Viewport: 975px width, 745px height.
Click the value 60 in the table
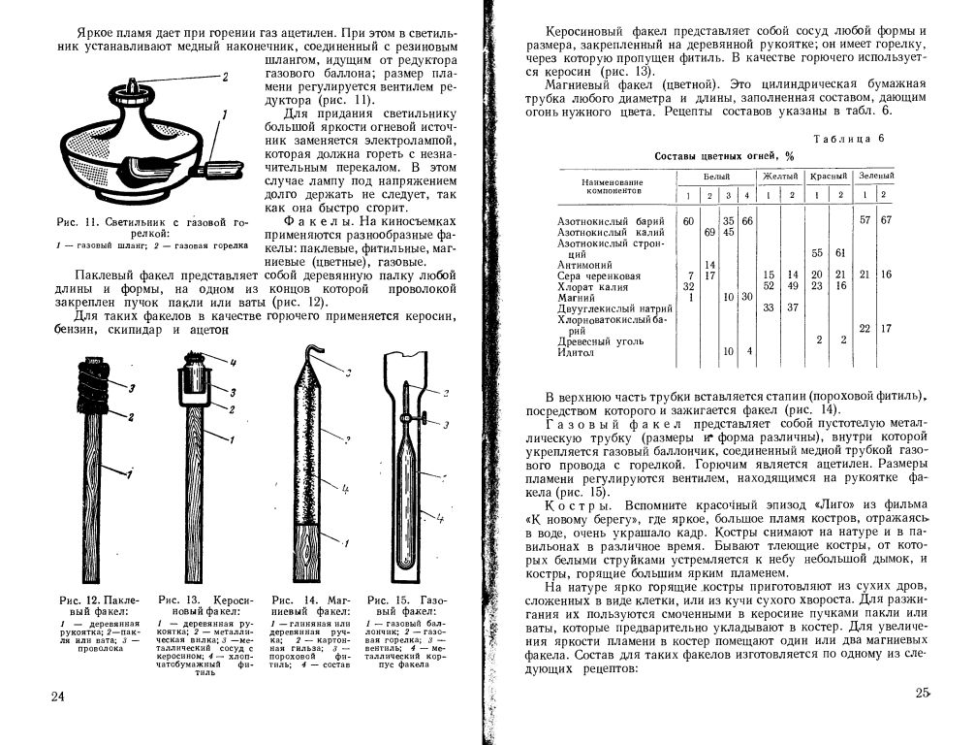pyautogui.click(x=689, y=222)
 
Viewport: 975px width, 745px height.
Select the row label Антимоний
pyautogui.click(x=584, y=265)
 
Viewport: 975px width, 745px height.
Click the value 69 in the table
pyautogui.click(x=709, y=233)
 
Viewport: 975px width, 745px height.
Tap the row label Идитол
pyautogui.click(x=576, y=352)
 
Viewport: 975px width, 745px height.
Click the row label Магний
pyautogui.click(x=576, y=298)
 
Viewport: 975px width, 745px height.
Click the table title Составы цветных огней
pyautogui.click(x=724, y=155)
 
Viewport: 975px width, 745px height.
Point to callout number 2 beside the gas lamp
pyautogui.click(x=223, y=76)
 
